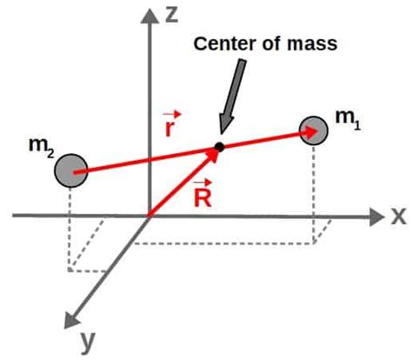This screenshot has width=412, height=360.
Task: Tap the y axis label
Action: pos(87,342)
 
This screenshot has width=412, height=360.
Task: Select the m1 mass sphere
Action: pos(313,131)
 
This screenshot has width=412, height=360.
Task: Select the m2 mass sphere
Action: pos(70,170)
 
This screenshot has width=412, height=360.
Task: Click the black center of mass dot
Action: pos(219,146)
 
